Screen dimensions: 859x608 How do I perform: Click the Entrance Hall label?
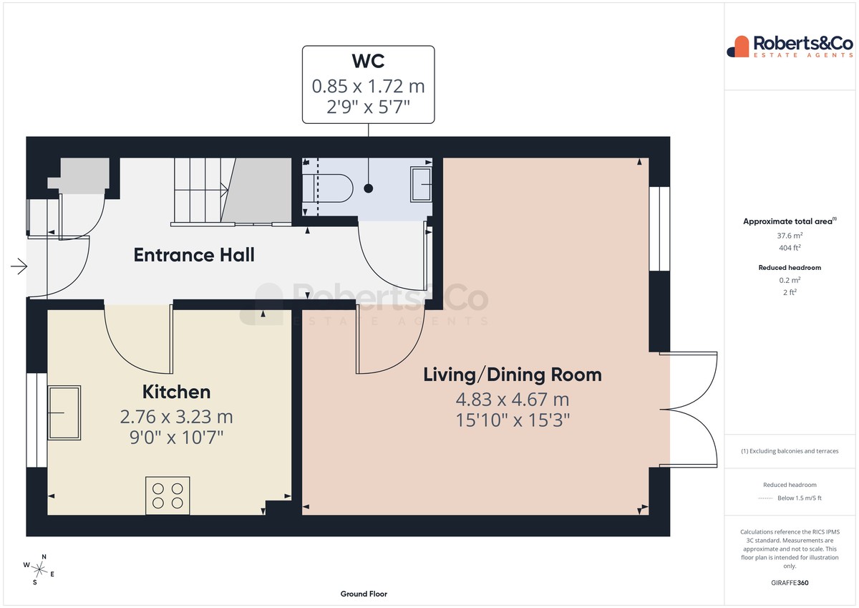tap(194, 255)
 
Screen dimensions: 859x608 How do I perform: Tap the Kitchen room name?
tap(176, 392)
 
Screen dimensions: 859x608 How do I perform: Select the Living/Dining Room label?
tap(513, 375)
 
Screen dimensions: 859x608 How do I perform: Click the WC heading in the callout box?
tap(368, 61)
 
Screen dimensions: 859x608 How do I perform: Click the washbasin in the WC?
tap(421, 184)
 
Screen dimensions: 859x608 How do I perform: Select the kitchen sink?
tap(64, 412)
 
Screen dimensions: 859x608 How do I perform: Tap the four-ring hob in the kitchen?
tap(168, 496)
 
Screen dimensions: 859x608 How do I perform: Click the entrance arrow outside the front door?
tap(19, 266)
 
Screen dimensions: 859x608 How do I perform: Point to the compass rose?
tap(39, 570)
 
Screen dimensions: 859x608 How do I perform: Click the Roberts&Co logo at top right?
tap(790, 47)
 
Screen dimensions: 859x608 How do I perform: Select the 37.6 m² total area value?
tap(790, 235)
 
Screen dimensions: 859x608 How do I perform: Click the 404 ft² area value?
tap(790, 248)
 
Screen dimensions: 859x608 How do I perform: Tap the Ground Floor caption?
tap(364, 594)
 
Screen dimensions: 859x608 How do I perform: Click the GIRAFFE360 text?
tap(790, 583)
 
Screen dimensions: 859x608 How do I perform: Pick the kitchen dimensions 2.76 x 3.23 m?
tap(176, 417)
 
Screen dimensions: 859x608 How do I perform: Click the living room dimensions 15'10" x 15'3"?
tap(513, 420)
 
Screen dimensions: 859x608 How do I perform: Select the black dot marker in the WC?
tap(368, 188)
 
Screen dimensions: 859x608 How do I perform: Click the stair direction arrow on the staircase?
tap(224, 190)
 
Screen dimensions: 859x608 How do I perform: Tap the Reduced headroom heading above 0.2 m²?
tap(790, 268)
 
